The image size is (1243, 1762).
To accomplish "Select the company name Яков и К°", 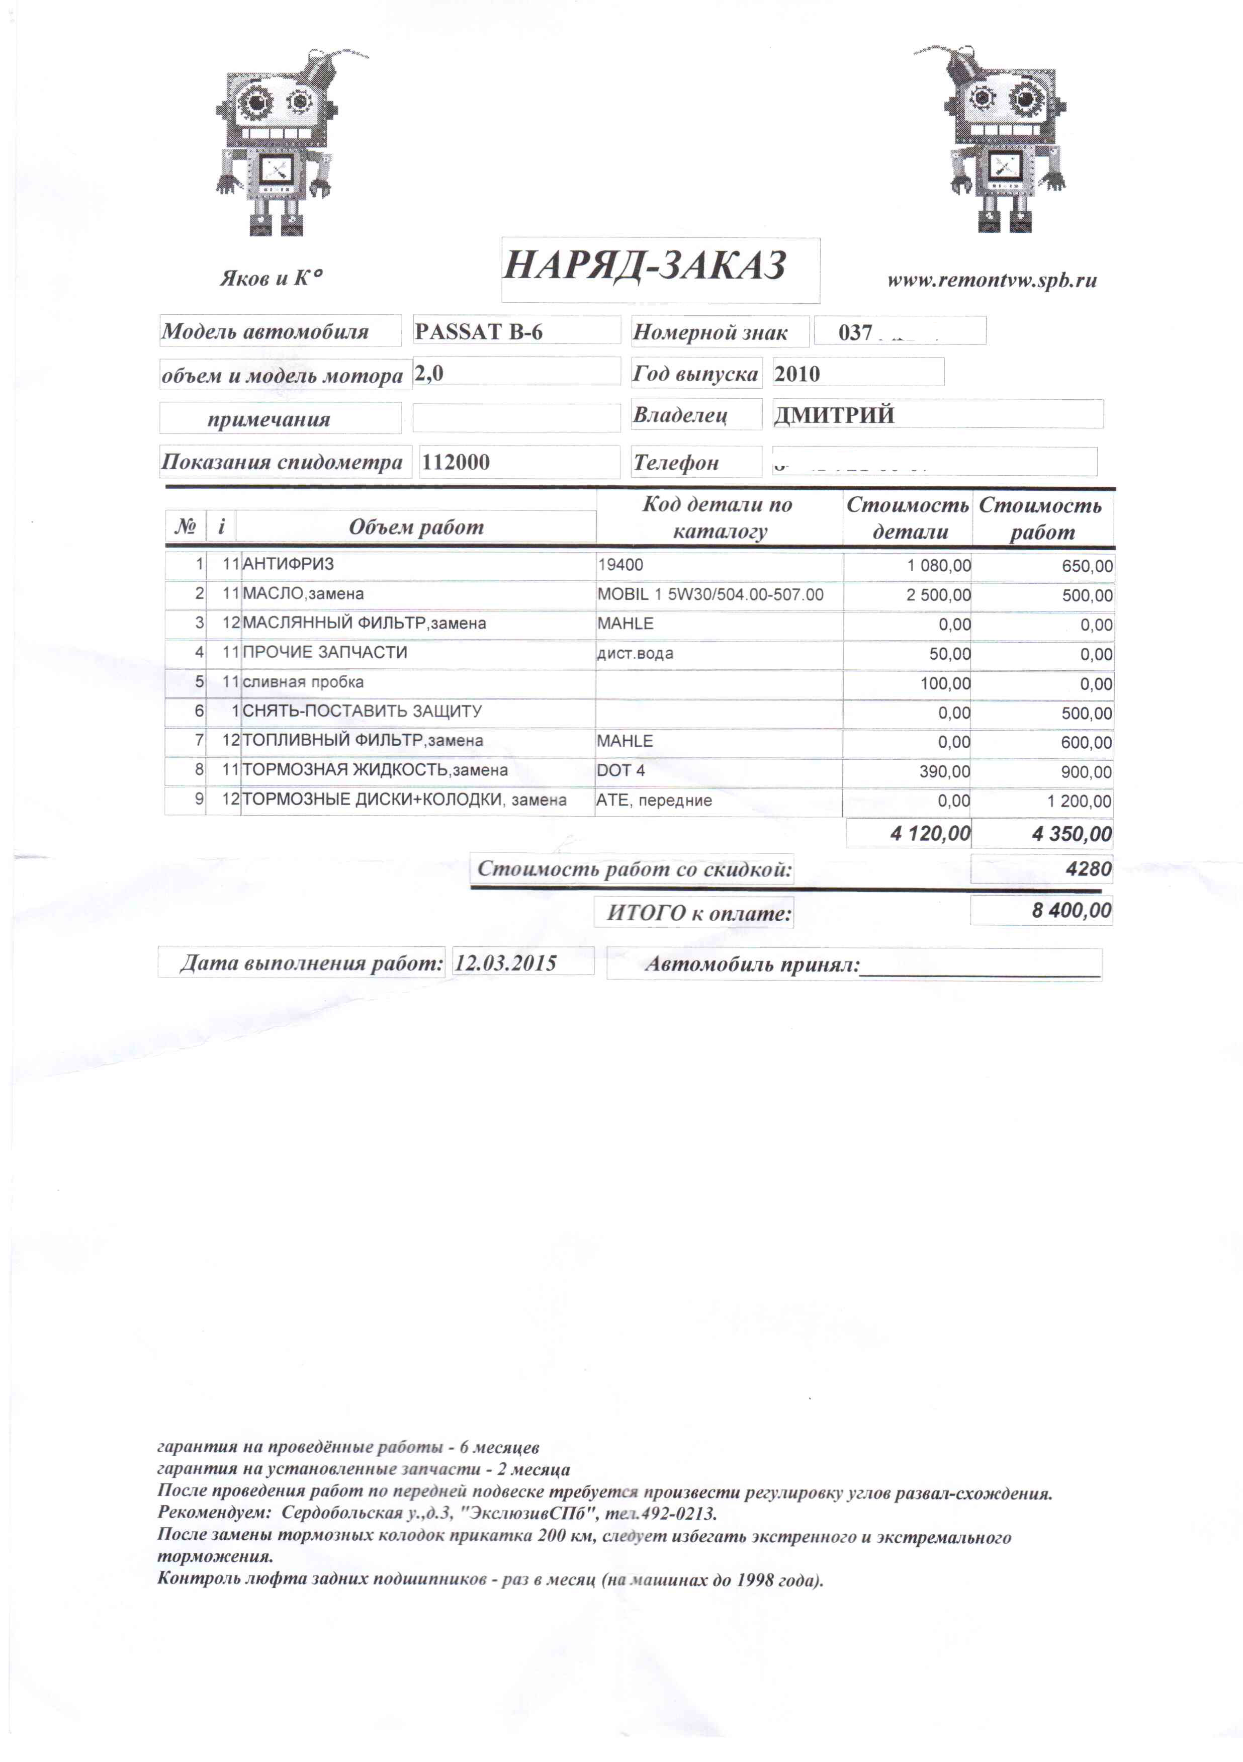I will point(271,277).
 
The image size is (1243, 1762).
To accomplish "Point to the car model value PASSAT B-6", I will point(479,331).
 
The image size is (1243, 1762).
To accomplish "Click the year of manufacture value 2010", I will point(797,374).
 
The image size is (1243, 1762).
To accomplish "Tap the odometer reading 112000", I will point(456,462).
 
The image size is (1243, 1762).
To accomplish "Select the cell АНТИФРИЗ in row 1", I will point(289,564).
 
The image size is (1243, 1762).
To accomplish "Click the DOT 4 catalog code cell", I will point(620,770).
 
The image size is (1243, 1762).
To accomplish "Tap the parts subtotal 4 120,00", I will point(930,833).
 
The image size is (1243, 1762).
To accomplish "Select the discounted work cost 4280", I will point(1088,869).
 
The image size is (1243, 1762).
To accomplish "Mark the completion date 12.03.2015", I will point(506,963).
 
